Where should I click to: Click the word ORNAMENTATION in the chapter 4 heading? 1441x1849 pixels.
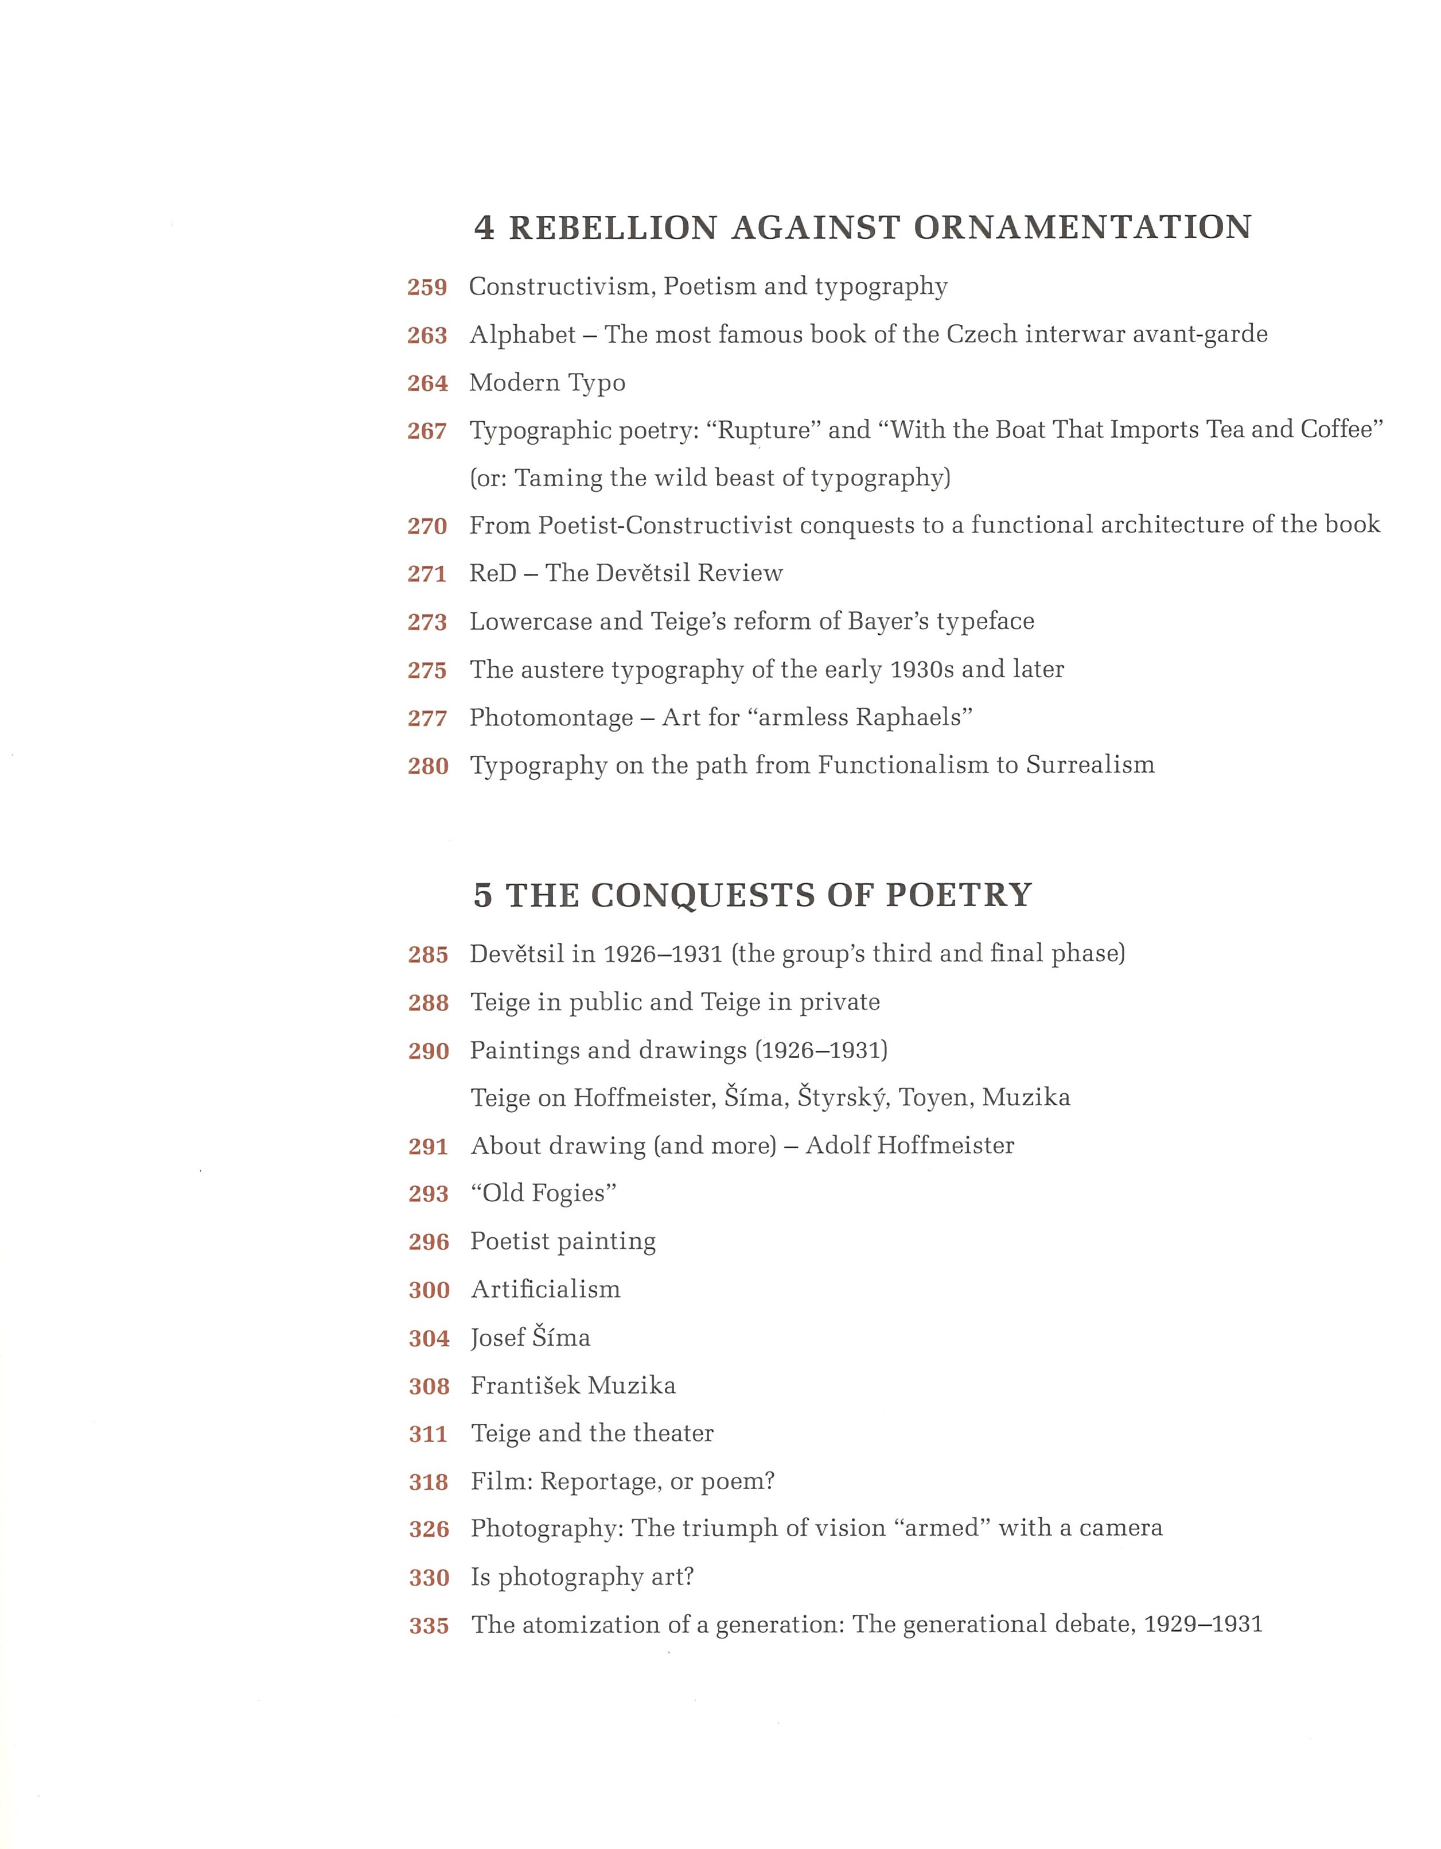tap(1082, 228)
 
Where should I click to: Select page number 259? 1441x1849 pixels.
tap(427, 288)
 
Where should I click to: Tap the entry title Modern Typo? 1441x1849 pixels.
tap(547, 383)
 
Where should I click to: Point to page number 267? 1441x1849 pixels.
tap(427, 432)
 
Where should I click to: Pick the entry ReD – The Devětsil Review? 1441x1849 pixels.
tap(626, 573)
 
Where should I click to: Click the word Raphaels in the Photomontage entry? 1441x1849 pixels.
tap(913, 718)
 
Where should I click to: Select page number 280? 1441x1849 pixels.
tap(428, 766)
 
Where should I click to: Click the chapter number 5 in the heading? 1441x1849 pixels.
tap(482, 896)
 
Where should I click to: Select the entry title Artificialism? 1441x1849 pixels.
tap(546, 1289)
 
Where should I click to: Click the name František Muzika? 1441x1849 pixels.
tap(573, 1386)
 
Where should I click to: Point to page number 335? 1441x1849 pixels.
tap(429, 1626)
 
